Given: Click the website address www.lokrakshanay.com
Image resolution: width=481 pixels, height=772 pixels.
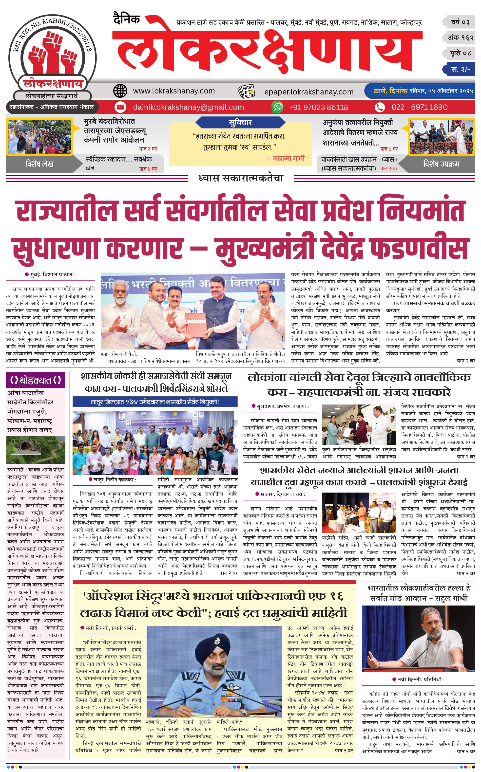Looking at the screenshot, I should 174,91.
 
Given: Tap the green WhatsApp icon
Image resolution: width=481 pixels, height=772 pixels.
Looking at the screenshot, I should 277,107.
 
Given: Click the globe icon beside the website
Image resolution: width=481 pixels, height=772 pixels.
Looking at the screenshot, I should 120,91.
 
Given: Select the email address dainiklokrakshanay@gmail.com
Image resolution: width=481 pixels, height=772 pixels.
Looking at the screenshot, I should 188,107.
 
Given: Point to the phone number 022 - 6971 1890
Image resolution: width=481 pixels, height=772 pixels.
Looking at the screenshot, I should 419,107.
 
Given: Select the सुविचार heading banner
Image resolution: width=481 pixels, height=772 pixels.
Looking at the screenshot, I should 240,122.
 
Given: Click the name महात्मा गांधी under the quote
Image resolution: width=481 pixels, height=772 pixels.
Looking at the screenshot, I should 289,158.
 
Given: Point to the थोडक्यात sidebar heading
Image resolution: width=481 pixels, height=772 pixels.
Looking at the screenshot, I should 35,380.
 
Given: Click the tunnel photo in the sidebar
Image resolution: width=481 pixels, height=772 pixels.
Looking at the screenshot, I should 35,449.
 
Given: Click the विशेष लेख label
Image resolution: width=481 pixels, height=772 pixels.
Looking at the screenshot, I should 40,164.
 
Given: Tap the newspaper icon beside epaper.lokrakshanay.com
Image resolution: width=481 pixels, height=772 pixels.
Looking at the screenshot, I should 246,91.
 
